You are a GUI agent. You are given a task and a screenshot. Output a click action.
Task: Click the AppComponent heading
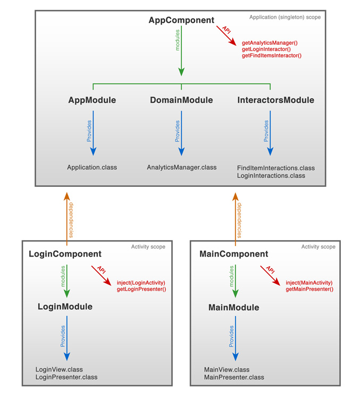pyautogui.click(x=181, y=21)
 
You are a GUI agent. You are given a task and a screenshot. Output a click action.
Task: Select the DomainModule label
pyautogui.click(x=181, y=100)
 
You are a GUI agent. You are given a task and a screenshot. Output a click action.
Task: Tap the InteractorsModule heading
pyautogui.click(x=275, y=100)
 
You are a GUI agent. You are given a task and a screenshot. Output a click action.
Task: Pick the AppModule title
pyautogui.click(x=92, y=100)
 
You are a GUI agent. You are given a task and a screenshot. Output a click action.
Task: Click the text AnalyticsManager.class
pyautogui.click(x=182, y=167)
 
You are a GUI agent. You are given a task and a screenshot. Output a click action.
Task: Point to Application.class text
pyautogui.click(x=92, y=167)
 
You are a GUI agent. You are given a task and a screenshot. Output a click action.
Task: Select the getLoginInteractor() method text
pyautogui.click(x=266, y=48)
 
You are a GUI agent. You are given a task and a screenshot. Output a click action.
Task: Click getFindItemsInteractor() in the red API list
pyautogui.click(x=271, y=55)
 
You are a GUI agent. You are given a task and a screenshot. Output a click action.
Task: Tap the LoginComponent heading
pyautogui.click(x=65, y=254)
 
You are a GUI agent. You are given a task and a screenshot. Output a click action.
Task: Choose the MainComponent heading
pyautogui.click(x=233, y=254)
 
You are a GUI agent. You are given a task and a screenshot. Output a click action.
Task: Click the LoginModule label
pyautogui.click(x=65, y=307)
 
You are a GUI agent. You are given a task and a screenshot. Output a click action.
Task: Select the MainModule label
pyautogui.click(x=233, y=308)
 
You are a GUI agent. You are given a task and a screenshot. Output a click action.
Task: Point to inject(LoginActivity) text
pyautogui.click(x=141, y=283)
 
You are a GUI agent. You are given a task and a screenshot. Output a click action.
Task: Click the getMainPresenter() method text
pyautogui.click(x=309, y=289)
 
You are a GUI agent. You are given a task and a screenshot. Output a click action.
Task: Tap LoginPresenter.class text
pyautogui.click(x=66, y=377)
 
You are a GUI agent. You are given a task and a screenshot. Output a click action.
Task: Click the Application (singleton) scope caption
pyautogui.click(x=285, y=18)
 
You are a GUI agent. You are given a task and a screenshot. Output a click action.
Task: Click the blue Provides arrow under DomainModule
pyautogui.click(x=181, y=133)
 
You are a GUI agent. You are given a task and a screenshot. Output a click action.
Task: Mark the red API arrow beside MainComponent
pyautogui.click(x=271, y=273)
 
